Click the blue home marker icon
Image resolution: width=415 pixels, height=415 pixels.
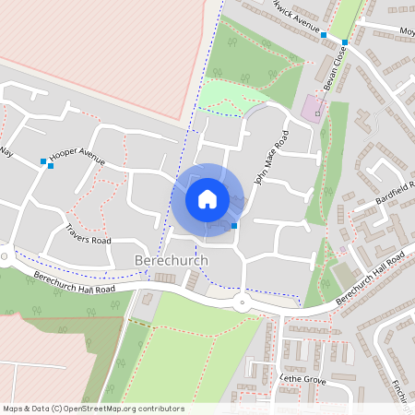point(207,198)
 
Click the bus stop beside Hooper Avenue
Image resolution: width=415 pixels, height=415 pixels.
point(43,162)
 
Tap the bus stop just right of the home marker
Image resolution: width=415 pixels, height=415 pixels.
point(235,225)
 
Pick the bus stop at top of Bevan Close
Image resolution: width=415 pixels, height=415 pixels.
point(344,42)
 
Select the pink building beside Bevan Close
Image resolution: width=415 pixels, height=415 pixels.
point(312,108)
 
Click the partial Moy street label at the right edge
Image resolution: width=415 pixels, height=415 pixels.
point(406,30)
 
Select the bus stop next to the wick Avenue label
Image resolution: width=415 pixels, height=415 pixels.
point(324,34)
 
